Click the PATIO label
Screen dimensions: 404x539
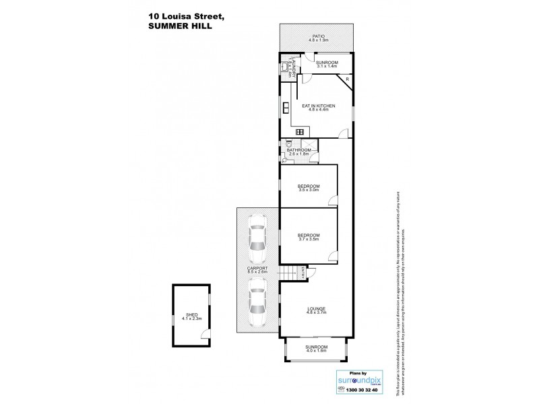pyautogui.click(x=318, y=36)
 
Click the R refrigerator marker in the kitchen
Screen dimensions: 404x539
pyautogui.click(x=347, y=79)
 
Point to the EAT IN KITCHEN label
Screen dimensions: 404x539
pyautogui.click(x=318, y=106)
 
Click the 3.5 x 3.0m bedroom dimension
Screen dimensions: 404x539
pyautogui.click(x=309, y=190)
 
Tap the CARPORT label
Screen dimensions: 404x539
pyautogui.click(x=257, y=269)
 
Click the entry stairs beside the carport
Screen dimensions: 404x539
pyautogui.click(x=288, y=274)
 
